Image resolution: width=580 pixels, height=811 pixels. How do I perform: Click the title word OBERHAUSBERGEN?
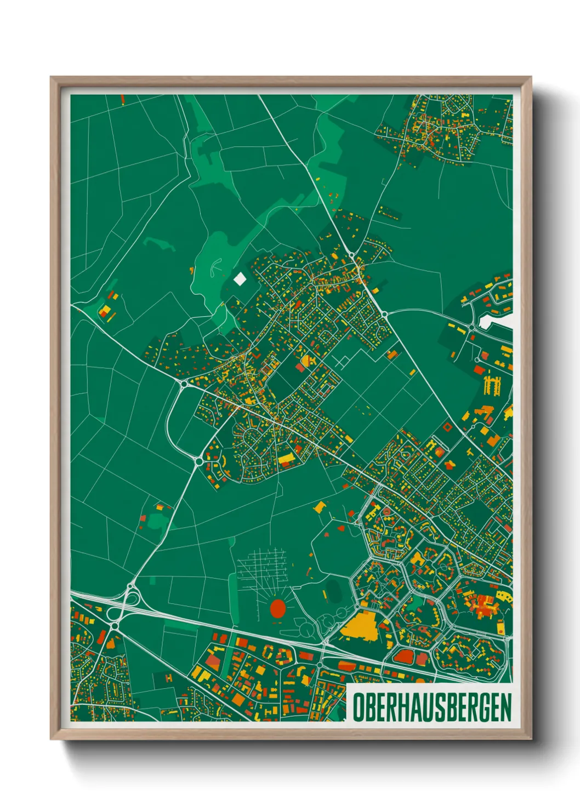(431, 707)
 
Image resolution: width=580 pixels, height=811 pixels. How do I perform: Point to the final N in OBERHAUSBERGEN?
(505, 707)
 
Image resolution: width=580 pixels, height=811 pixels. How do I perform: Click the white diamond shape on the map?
(240, 279)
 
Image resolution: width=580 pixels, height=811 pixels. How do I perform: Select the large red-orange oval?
(278, 608)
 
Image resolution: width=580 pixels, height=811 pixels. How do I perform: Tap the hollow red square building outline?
(447, 426)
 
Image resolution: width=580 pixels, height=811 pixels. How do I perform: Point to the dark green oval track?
(333, 591)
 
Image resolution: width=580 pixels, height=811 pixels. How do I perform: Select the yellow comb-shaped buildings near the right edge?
(492, 385)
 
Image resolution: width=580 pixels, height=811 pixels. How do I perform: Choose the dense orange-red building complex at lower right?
(482, 606)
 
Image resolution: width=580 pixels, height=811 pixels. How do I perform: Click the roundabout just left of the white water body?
(471, 328)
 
